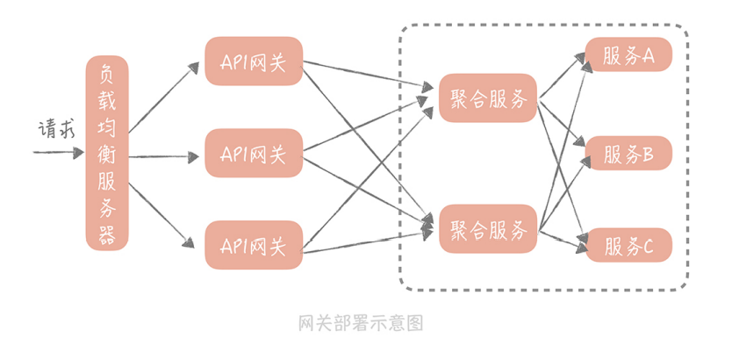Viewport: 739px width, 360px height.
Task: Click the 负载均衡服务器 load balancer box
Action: tap(107, 153)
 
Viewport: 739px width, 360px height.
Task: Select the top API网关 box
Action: tap(254, 61)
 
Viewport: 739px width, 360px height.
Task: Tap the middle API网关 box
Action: tap(254, 153)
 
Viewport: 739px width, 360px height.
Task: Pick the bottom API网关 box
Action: tap(254, 245)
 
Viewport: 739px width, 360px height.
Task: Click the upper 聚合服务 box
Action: tap(488, 97)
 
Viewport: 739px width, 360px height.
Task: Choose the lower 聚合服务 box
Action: tap(488, 229)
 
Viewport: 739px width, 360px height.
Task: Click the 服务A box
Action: tap(628, 55)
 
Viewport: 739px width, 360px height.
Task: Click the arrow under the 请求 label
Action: tap(57, 153)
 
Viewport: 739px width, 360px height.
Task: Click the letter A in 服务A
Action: tap(650, 56)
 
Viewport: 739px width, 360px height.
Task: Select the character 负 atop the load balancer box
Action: tap(107, 73)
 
